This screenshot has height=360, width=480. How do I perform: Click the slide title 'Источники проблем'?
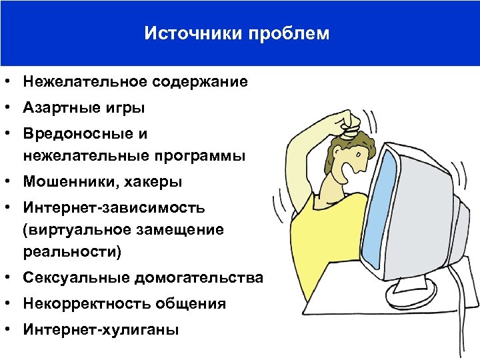click(x=237, y=33)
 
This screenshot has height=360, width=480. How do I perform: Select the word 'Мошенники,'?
click(x=71, y=181)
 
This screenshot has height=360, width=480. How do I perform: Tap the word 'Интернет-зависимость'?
click(x=113, y=207)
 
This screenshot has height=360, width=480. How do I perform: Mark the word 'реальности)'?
click(x=74, y=252)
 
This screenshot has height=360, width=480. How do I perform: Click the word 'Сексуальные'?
click(x=75, y=277)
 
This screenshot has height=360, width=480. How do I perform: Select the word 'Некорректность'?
click(x=87, y=303)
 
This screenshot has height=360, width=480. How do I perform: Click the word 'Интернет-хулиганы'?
click(x=100, y=329)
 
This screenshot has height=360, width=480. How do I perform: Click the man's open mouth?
click(x=349, y=175)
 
